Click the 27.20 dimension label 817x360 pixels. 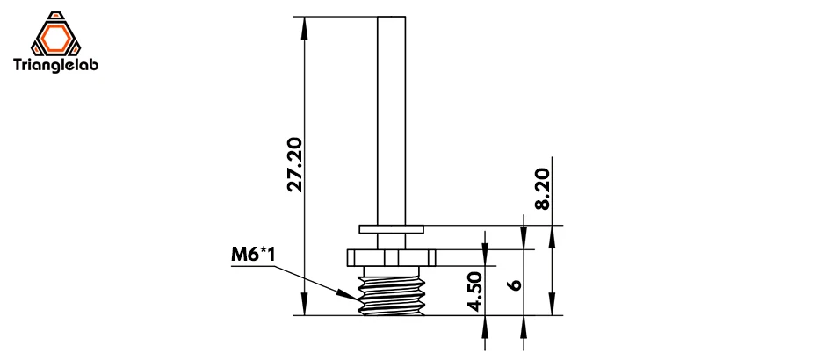pos(295,164)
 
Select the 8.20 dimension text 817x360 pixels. pos(542,189)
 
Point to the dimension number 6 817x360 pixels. pos(515,285)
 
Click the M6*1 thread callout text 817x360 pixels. pos(253,256)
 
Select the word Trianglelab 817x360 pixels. pos(55,65)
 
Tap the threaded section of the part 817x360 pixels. pos(391,295)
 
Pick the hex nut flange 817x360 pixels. pos(391,257)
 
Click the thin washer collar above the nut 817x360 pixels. pos(391,228)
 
